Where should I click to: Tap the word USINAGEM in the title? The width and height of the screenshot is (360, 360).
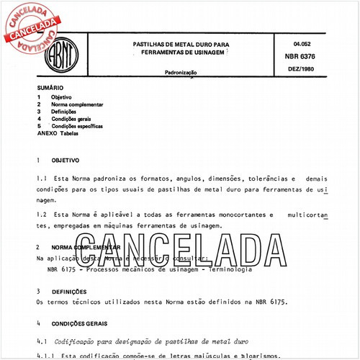pyautogui.click(x=208, y=53)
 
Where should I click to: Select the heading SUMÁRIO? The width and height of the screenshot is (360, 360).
pyautogui.click(x=50, y=89)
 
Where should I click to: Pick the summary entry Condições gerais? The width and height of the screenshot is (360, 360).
pyautogui.click(x=71, y=119)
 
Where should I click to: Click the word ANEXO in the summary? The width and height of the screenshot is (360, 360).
pyautogui.click(x=47, y=133)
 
